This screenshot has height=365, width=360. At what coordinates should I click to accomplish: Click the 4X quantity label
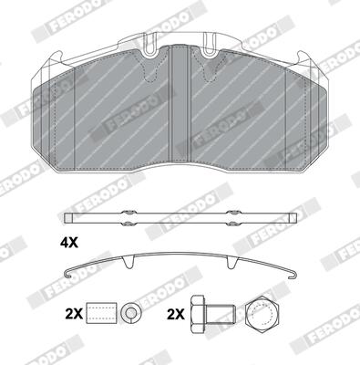(x=68, y=243)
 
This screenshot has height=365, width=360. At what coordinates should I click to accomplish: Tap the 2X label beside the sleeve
(x=74, y=313)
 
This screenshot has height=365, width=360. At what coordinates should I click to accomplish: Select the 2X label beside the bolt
(x=176, y=314)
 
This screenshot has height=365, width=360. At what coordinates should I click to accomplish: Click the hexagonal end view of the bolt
(x=262, y=313)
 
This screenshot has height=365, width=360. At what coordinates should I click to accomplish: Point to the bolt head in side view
(x=197, y=314)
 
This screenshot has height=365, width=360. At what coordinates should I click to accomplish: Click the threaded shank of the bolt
(x=220, y=314)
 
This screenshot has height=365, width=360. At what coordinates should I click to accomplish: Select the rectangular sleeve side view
(x=101, y=313)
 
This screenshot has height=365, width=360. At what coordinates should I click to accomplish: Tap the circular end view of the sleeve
(x=131, y=313)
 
